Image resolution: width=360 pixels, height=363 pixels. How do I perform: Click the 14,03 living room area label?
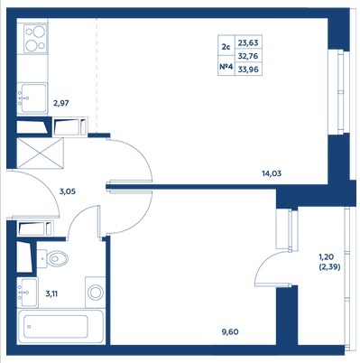[x=272, y=173]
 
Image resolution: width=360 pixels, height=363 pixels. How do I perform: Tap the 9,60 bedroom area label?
[x=229, y=332]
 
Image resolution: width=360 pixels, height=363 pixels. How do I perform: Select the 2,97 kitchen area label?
[x=61, y=103]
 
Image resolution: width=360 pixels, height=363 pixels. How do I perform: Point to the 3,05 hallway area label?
[x=67, y=191]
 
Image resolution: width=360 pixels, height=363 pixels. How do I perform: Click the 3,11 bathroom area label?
[x=51, y=293]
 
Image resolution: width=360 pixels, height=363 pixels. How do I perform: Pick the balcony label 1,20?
[x=327, y=257]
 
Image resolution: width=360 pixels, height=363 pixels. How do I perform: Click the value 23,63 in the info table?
[x=248, y=42]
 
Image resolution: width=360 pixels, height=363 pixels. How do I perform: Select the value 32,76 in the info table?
[x=248, y=56]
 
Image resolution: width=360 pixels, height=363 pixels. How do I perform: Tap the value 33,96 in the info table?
[x=248, y=70]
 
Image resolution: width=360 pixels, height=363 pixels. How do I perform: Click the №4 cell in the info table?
[x=226, y=67]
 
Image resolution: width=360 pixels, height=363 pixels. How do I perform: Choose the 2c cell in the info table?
[x=226, y=47]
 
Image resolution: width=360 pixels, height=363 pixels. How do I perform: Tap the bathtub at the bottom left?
[x=60, y=326]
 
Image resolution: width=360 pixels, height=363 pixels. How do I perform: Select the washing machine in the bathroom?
[x=95, y=292]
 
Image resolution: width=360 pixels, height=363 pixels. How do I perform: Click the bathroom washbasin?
[x=27, y=293]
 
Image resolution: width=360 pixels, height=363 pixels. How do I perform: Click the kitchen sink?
[x=32, y=98]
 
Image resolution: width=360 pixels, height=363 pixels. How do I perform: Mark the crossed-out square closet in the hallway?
[x=41, y=154]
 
